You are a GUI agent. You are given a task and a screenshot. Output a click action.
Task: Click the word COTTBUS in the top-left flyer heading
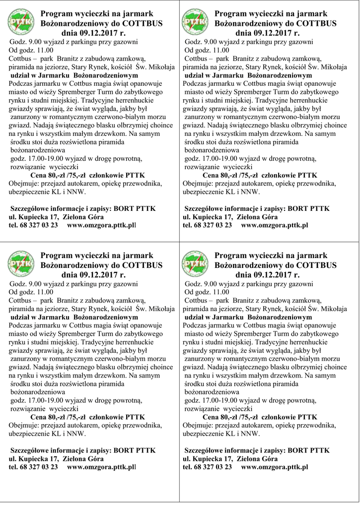142,23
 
